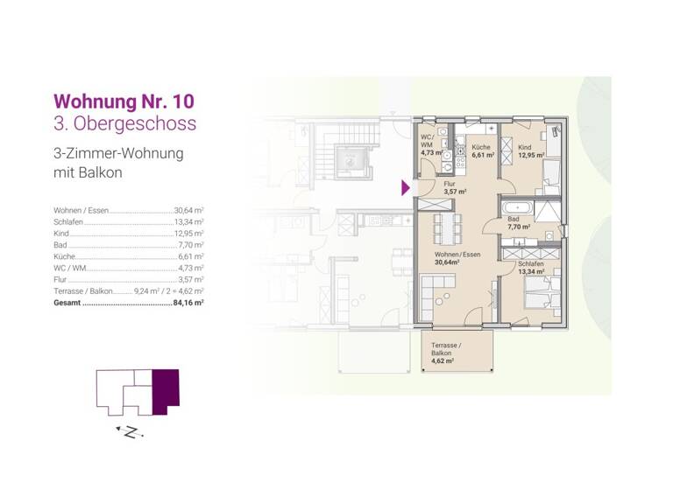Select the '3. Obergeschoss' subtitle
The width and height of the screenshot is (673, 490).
124,122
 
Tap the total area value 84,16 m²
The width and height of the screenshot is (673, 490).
188,302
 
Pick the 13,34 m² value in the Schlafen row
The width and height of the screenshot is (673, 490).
188,222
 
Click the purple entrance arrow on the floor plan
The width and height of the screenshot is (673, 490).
406,187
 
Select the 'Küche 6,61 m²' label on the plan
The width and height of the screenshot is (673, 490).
483,151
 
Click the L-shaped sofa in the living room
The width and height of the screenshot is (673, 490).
435,289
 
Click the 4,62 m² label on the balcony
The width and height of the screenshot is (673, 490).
443,360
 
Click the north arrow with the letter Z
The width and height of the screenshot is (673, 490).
130,431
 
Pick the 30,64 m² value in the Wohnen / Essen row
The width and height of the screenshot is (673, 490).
188,211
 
